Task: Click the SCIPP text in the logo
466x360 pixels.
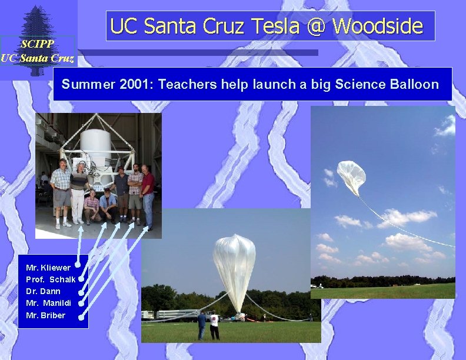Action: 37,44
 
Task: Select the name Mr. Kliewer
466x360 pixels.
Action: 48,268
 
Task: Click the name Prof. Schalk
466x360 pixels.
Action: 51,279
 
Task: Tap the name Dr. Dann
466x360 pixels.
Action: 43,291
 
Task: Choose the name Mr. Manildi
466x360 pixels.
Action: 49,303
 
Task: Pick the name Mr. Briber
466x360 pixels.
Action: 46,315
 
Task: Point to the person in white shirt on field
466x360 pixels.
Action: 214,325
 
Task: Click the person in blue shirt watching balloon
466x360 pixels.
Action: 202,325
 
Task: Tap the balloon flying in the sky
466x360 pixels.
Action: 351,176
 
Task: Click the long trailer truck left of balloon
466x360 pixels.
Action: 171,314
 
